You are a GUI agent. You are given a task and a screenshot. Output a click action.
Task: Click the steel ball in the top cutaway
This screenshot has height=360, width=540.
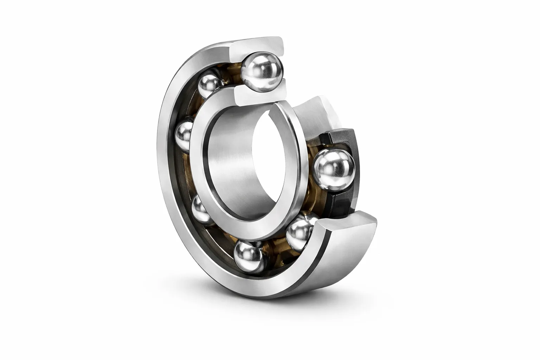pyautogui.click(x=262, y=72)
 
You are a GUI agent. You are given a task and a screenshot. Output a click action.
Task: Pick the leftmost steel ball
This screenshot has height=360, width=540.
pyautogui.click(x=184, y=135)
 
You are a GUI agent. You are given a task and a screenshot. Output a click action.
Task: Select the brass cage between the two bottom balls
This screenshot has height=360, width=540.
pyautogui.click(x=274, y=246)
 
